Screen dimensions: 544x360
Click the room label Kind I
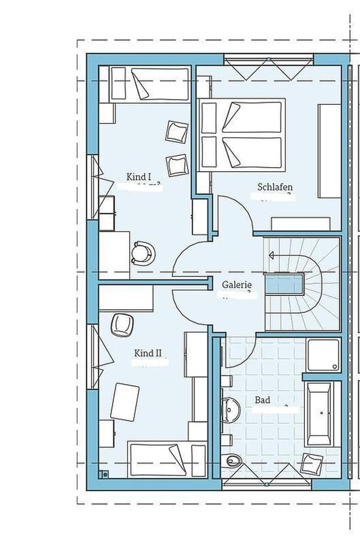(x=139, y=177)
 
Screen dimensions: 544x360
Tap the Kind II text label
(x=148, y=354)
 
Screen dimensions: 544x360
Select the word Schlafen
(x=275, y=186)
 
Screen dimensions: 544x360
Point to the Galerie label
(x=236, y=285)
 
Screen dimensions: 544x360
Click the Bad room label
(x=262, y=400)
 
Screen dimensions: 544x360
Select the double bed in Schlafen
(x=241, y=134)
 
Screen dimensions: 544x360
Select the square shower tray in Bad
(x=323, y=355)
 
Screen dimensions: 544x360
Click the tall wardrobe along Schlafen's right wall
(x=329, y=151)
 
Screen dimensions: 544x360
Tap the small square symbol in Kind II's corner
(x=104, y=475)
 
